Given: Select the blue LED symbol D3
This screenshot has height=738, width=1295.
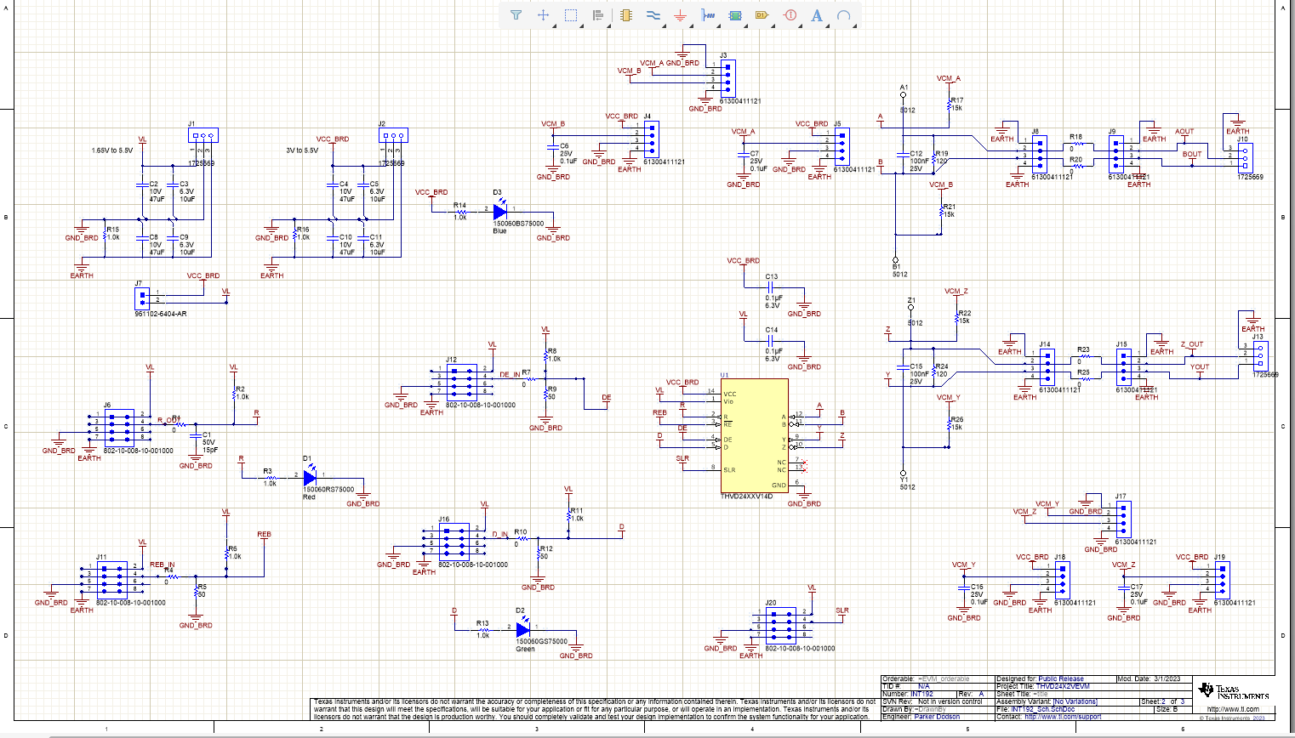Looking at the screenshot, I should (499, 211).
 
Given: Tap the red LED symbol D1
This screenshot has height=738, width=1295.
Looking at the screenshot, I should (310, 478).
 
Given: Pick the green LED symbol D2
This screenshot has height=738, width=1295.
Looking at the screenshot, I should (522, 629).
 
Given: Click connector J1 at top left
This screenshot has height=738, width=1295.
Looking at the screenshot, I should (203, 135).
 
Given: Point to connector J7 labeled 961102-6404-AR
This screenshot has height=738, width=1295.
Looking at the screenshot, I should (142, 298).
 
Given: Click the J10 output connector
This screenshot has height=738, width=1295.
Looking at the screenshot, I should (1246, 157).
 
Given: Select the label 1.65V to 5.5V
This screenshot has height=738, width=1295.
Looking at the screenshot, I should (112, 150).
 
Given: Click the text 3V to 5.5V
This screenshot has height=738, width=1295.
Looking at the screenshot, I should (302, 150).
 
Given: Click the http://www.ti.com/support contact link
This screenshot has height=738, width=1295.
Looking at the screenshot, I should (1063, 717).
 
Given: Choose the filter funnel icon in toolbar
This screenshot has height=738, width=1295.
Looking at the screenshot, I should (516, 15).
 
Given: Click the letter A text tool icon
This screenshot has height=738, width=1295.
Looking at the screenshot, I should (816, 15).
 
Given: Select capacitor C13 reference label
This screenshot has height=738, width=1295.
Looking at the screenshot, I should (771, 277).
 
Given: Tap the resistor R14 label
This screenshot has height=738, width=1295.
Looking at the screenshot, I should (459, 205).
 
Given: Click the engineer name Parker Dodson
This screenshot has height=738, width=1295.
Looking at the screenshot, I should (937, 717).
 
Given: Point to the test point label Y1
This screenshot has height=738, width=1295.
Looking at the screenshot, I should (904, 480).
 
